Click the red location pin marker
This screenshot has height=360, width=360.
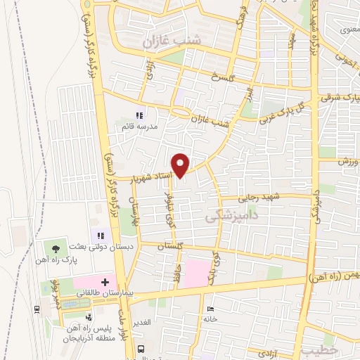tap(181, 165)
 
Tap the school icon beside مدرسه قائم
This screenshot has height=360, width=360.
tap(139, 116)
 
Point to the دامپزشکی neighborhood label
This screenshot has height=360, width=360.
tap(227, 219)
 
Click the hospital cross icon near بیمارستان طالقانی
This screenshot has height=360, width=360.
tap(105, 281)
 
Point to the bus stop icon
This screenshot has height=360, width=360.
tap(141, 349)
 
